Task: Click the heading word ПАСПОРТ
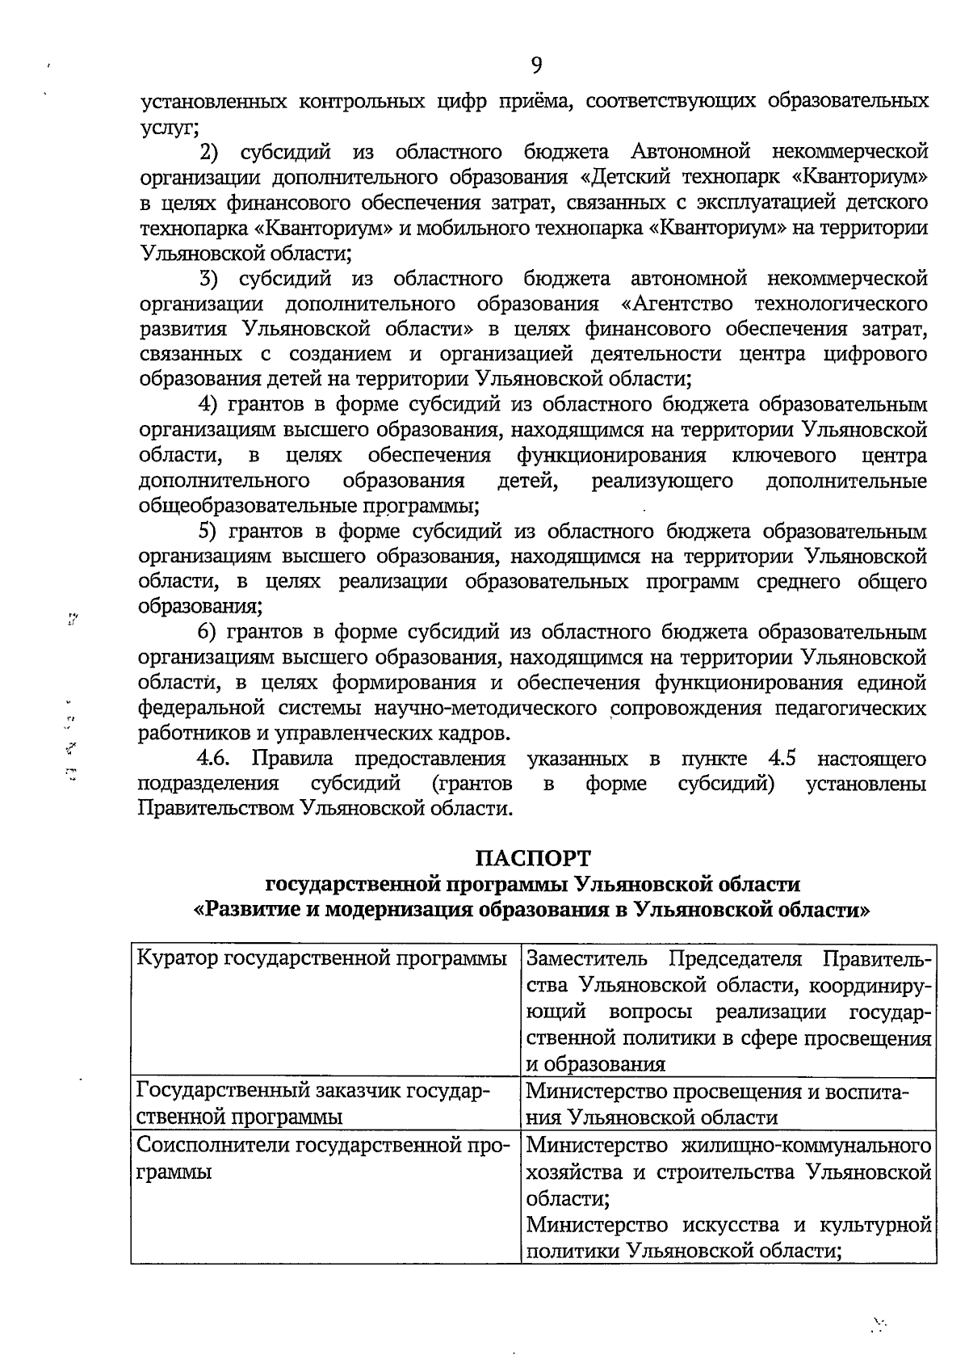coord(532,857)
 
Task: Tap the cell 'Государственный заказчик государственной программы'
coord(323,1104)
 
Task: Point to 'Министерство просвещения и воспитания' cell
coord(727,1104)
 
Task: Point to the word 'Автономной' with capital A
coord(690,152)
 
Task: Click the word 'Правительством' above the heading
coord(216,809)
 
